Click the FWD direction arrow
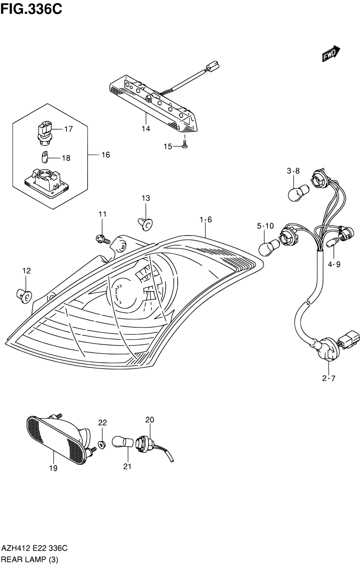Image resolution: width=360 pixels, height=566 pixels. pyautogui.click(x=331, y=53)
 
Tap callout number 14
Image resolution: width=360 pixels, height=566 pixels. pyautogui.click(x=146, y=129)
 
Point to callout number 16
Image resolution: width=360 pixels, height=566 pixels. pyautogui.click(x=106, y=155)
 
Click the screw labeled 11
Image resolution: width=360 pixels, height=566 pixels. pyautogui.click(x=103, y=239)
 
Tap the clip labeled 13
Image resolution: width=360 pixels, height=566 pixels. pyautogui.click(x=145, y=224)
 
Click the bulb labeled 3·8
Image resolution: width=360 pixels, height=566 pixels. pyautogui.click(x=299, y=193)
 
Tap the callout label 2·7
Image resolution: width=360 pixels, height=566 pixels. pyautogui.click(x=329, y=386)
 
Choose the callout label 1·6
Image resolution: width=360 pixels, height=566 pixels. pyautogui.click(x=206, y=219)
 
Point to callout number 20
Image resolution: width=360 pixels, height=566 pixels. pyautogui.click(x=149, y=420)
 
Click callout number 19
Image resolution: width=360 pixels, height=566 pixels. pyautogui.click(x=53, y=468)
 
